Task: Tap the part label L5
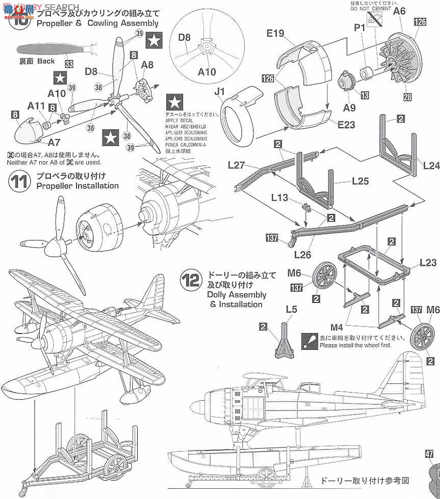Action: coord(291,309)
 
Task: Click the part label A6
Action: coord(399,10)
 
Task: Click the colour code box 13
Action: coord(365,95)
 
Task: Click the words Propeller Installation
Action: coord(77,186)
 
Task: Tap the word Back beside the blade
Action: coord(46,61)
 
